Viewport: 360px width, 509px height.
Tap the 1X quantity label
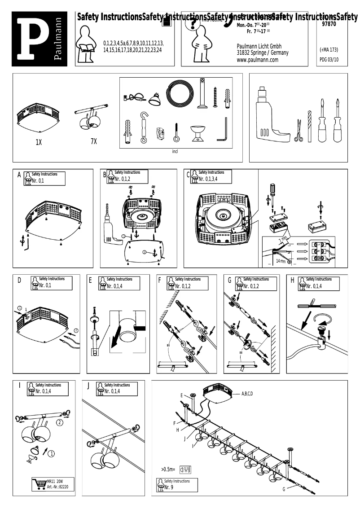[39, 142]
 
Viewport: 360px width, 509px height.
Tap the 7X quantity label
[93, 141]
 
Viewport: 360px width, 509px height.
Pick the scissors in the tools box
[298, 131]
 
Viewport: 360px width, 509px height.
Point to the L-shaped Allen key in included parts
[222, 130]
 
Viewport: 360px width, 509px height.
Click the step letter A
[19, 175]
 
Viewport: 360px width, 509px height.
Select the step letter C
[188, 175]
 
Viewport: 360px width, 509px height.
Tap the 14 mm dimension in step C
[281, 261]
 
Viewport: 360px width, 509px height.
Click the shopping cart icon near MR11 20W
[39, 484]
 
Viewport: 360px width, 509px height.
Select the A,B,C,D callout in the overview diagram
[247, 394]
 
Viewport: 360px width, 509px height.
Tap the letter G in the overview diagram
[283, 489]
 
